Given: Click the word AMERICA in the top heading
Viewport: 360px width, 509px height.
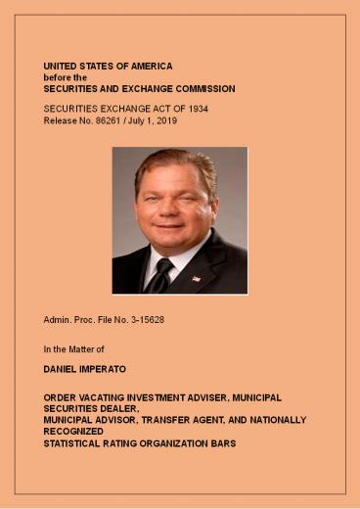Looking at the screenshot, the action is pos(151,66).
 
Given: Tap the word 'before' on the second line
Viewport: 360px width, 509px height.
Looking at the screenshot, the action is pos(57,76).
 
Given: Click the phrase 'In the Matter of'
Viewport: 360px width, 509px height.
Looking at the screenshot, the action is pos(73,347).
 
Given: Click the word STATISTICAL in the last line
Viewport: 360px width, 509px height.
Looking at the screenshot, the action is pos(75,442).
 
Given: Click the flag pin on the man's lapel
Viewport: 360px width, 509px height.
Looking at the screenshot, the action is pos(196,278).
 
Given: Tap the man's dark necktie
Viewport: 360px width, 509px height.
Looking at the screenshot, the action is pos(158,276).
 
